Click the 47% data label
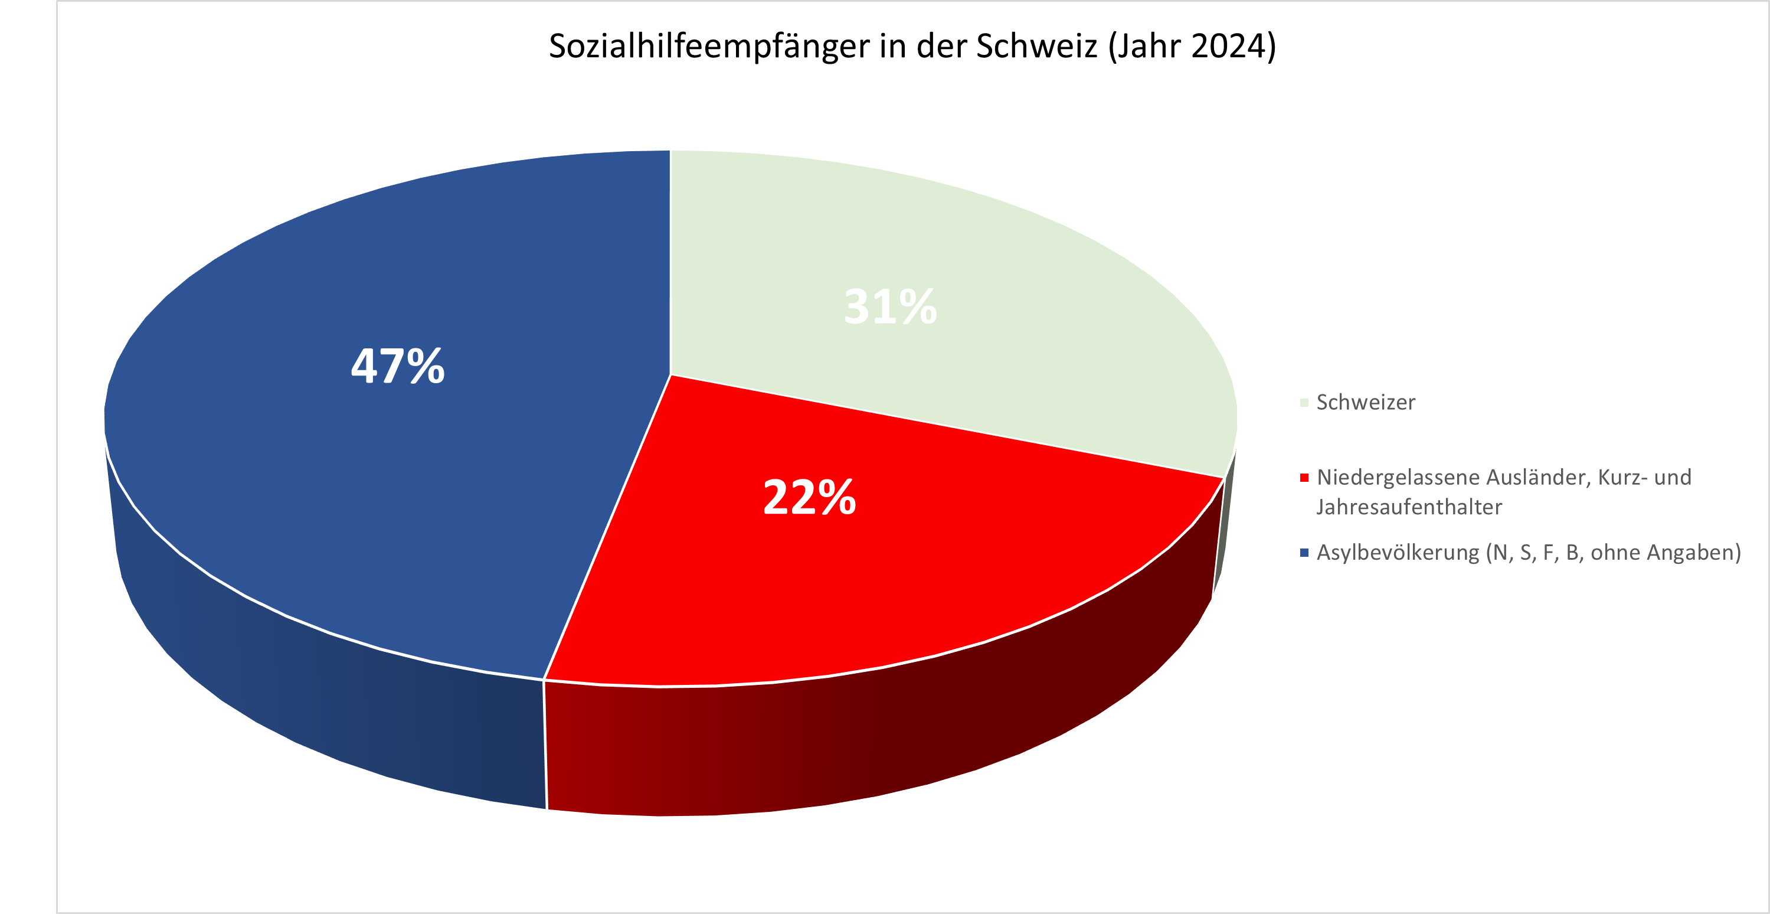pyautogui.click(x=398, y=365)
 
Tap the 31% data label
pyautogui.click(x=890, y=306)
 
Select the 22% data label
pyautogui.click(x=809, y=497)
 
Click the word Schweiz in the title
pyautogui.click(x=1037, y=47)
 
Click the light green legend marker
pyautogui.click(x=1304, y=403)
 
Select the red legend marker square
pyautogui.click(x=1304, y=478)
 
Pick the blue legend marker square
pyautogui.click(x=1304, y=553)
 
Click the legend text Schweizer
pyautogui.click(x=1365, y=403)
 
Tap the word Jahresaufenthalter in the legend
pyautogui.click(x=1409, y=507)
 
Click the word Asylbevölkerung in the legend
pyautogui.click(x=1398, y=553)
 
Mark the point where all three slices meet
pyautogui.click(x=670, y=375)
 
